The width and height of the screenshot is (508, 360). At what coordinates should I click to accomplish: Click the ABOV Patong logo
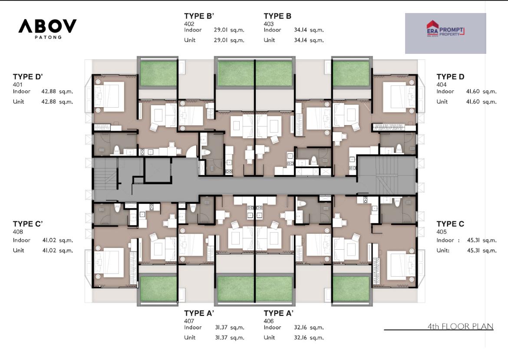click(x=47, y=29)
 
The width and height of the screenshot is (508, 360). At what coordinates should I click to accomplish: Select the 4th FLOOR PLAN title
click(x=460, y=326)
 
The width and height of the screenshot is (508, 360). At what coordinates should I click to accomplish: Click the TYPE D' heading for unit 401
click(x=28, y=77)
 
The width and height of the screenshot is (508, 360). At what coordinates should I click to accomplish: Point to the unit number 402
click(x=189, y=23)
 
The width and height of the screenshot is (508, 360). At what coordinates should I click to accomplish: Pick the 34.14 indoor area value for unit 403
click(x=300, y=30)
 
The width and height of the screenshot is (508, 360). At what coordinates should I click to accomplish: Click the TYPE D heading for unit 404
click(x=450, y=77)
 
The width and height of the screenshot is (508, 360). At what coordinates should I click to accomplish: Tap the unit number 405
click(x=442, y=232)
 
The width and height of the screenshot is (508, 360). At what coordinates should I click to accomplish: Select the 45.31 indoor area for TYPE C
click(x=473, y=241)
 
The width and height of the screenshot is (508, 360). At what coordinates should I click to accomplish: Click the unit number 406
click(x=269, y=321)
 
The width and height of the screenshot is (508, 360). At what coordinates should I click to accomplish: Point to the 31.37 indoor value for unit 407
click(x=221, y=327)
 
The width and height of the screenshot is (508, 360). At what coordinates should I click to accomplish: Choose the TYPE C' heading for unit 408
click(x=28, y=224)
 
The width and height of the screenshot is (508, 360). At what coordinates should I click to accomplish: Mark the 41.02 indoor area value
click(x=49, y=241)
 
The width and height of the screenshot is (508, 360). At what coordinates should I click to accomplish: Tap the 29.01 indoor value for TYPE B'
click(x=220, y=30)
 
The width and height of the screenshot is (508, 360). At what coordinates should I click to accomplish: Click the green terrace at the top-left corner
click(x=158, y=74)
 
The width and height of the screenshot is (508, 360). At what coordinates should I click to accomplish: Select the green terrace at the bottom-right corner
click(x=351, y=288)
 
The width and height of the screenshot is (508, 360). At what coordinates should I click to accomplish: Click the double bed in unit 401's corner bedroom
click(x=109, y=96)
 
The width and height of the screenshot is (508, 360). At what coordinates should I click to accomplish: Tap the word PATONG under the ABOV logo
click(x=48, y=37)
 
